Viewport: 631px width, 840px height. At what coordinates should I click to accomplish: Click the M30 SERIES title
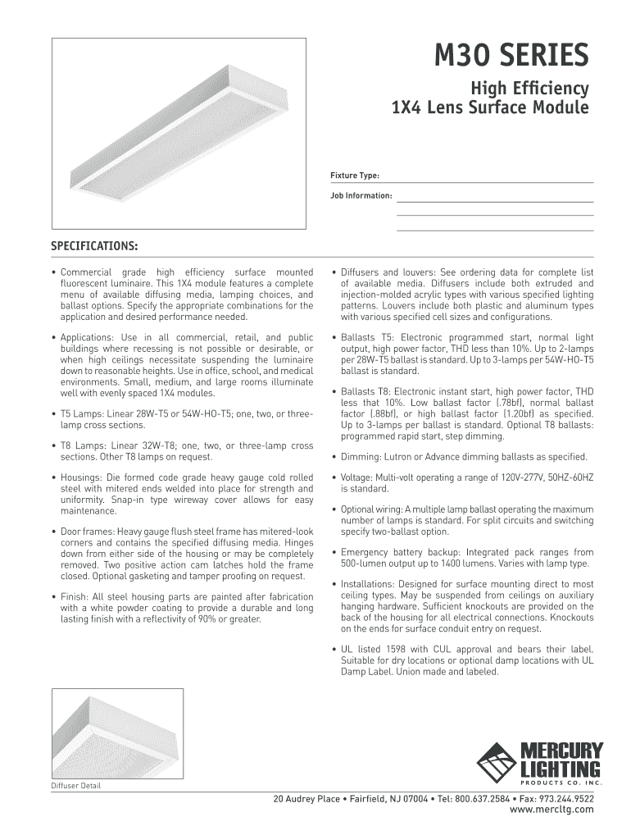(x=511, y=57)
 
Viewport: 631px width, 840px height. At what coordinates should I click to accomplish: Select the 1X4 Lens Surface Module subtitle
(x=490, y=108)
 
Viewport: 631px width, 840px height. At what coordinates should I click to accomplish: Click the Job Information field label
(x=361, y=196)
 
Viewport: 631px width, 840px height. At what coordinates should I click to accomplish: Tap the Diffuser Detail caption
(x=76, y=785)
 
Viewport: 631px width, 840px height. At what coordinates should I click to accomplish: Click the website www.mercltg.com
(x=552, y=810)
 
